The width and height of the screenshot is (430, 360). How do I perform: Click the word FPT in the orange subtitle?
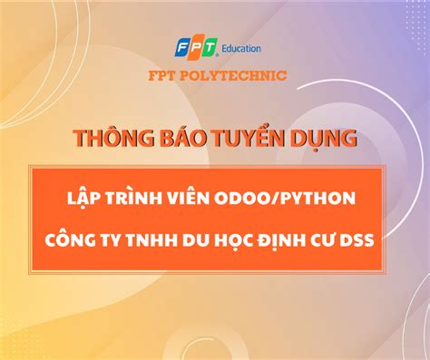coord(163,75)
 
